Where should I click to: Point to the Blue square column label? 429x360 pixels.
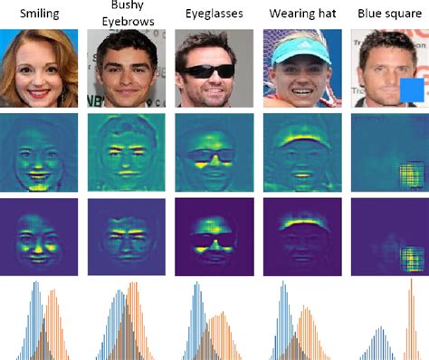click(x=386, y=15)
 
